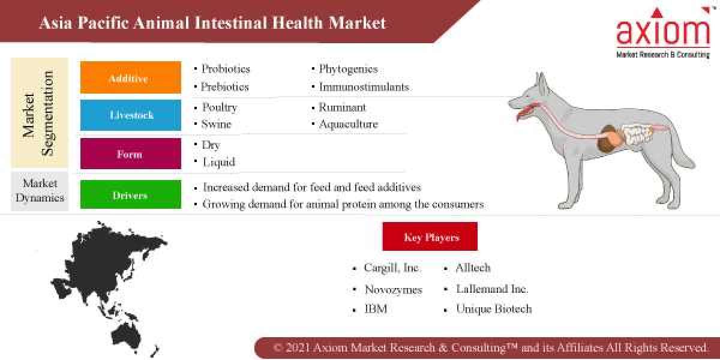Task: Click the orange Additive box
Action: point(130,77)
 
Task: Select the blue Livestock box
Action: point(130,115)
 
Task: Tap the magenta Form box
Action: point(130,154)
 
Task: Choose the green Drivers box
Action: point(130,195)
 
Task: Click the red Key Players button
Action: point(430,236)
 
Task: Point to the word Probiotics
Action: point(226,69)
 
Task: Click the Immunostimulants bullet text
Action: point(364,87)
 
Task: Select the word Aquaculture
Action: point(348,124)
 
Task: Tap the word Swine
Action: point(216,124)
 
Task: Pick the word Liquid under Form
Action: point(218,162)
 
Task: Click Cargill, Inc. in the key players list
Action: point(392,268)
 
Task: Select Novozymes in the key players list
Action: point(394,290)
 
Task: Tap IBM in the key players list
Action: point(376,310)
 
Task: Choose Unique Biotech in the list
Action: point(493,310)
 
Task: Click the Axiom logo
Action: point(662,33)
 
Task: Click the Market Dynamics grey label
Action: point(40,190)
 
